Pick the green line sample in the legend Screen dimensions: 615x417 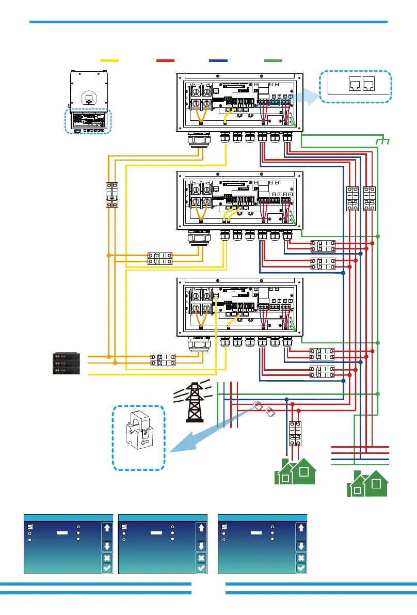pyautogui.click(x=273, y=61)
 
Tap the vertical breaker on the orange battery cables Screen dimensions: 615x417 pyautogui.click(x=112, y=195)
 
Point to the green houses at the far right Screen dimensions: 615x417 pyautogui.click(x=367, y=484)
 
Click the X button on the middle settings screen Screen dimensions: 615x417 pyautogui.click(x=201, y=558)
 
